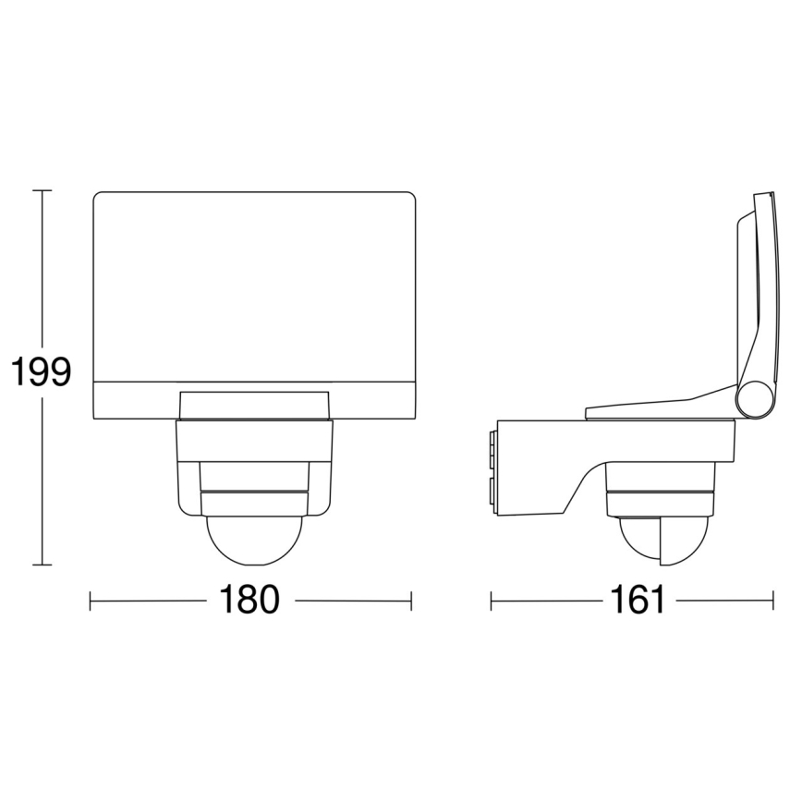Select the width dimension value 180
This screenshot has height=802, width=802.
[249, 601]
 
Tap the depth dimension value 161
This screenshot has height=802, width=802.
[638, 601]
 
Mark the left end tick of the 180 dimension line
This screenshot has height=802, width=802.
[91, 601]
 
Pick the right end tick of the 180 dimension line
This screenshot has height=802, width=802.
[411, 601]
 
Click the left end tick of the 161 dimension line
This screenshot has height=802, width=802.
[492, 601]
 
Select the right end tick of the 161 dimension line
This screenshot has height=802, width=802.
[772, 601]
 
